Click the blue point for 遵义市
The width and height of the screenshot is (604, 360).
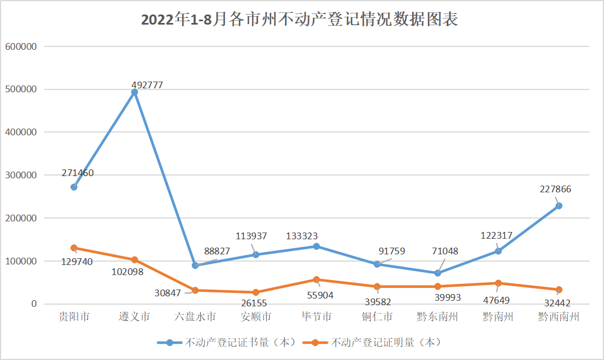134,92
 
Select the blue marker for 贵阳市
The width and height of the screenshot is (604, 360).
74,187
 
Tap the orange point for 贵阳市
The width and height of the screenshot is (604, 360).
74,248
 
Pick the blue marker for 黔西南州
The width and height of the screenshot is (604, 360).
558,206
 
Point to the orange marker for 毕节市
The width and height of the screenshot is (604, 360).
317,280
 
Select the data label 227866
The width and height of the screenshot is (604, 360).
555,190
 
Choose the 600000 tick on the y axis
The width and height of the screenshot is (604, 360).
20,46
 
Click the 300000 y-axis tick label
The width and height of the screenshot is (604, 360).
20,175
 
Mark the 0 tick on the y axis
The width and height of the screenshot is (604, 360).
34,304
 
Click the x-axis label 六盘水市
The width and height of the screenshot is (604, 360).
195,317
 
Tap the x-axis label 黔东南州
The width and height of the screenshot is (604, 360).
437,317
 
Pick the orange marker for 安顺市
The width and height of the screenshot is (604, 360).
256,292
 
